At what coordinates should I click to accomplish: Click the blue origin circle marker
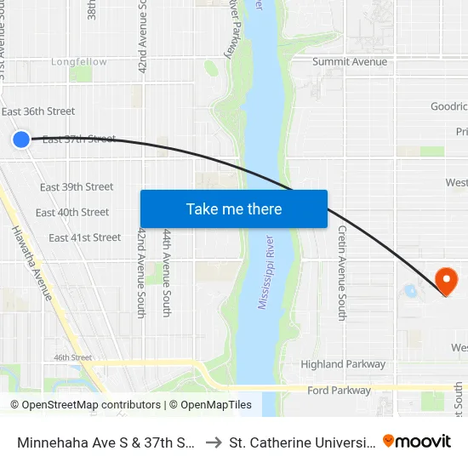tap(21, 140)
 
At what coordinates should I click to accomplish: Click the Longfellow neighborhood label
tap(79, 62)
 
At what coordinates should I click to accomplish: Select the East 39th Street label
tap(77, 187)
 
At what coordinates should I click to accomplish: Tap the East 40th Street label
tap(72, 213)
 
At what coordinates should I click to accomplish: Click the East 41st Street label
tap(84, 238)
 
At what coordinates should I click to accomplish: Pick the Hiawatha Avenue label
tap(32, 263)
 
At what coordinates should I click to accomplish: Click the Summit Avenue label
tap(350, 62)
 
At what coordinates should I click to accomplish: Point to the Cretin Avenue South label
tap(342, 272)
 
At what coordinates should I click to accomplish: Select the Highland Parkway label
tap(343, 364)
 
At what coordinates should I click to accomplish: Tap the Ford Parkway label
tap(340, 391)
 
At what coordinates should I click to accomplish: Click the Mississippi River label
tap(266, 272)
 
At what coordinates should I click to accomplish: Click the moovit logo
tap(417, 441)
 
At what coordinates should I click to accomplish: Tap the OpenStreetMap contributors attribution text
tap(86, 405)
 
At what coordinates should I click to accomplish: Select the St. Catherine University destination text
tap(302, 442)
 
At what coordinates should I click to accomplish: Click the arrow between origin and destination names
tap(214, 442)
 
